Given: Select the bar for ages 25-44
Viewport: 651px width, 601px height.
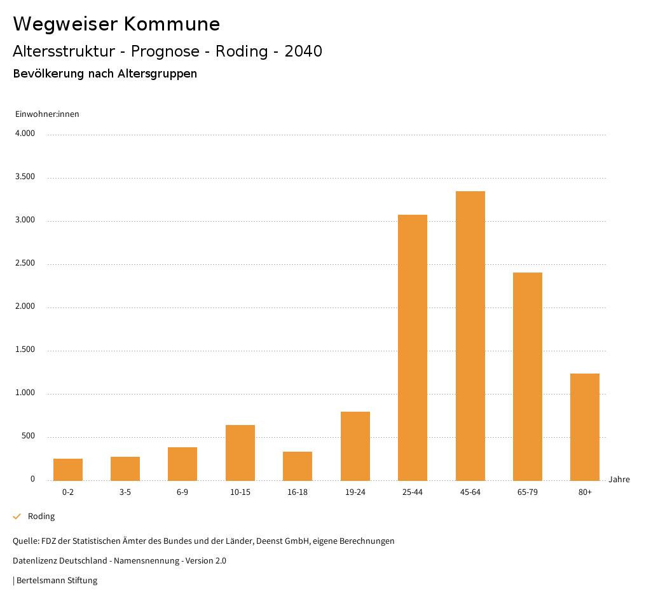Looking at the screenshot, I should pos(413,348).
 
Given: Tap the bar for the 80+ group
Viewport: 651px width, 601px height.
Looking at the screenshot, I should pos(585,427).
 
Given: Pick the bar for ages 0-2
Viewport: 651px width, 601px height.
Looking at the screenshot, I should pos(68,469).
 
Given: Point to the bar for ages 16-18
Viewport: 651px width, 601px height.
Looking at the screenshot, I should pos(298,466).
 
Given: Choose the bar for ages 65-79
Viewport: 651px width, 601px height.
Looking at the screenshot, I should pos(528,376).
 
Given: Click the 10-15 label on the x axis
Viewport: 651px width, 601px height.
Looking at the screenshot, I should pos(240,492).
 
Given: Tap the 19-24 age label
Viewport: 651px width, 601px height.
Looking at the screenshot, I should pos(355,492).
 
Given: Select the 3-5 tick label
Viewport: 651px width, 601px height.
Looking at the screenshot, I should pos(125,492).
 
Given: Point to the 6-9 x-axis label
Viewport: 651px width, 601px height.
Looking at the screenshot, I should pos(182,492).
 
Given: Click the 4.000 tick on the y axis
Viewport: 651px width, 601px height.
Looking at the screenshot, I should pos(25,134).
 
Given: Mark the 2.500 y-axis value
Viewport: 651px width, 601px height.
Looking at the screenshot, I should pos(25,264).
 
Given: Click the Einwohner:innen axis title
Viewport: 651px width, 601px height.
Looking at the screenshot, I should pos(47,114).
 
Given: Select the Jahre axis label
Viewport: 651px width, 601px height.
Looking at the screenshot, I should pos(619,480).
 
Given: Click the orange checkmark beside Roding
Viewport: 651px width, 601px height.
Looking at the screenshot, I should pos(17,517).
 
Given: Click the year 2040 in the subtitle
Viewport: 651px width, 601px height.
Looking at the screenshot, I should pos(303,51).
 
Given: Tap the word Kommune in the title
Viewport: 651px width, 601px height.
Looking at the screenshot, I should pos(172,24).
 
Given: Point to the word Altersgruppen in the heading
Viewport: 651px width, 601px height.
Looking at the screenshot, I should pos(157,74).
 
